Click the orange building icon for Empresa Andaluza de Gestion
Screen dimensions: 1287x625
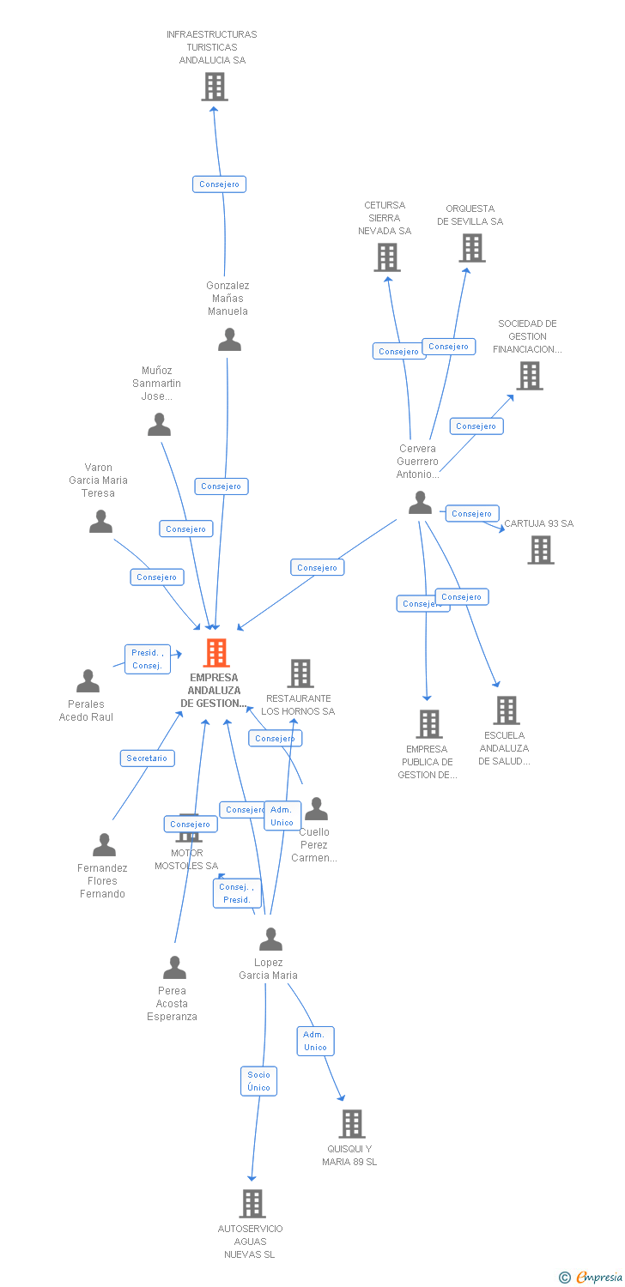tap(215, 653)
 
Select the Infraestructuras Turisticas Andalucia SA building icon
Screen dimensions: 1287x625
tap(215, 87)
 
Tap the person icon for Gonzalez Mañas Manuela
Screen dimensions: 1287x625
tap(229, 340)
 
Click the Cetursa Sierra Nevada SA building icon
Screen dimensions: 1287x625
tap(387, 257)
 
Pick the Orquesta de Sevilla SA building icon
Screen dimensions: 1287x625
tap(471, 248)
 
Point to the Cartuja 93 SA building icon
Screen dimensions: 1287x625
tap(541, 550)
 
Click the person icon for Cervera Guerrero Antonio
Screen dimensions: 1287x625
tap(420, 503)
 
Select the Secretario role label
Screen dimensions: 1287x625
tap(148, 758)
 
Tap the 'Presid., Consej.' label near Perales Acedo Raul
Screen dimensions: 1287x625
tap(148, 659)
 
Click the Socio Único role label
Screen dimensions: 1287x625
tap(258, 1081)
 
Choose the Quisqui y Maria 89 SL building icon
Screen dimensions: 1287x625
tap(352, 1123)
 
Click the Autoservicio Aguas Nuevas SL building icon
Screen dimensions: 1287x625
tap(252, 1203)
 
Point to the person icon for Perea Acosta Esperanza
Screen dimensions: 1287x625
tap(174, 968)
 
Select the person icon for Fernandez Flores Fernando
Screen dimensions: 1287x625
tap(104, 845)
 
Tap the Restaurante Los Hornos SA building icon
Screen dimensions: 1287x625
tap(300, 674)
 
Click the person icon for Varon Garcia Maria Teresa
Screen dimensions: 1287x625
tap(101, 522)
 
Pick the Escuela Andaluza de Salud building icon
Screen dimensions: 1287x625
tap(507, 710)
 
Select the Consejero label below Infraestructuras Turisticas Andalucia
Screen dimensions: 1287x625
tap(220, 184)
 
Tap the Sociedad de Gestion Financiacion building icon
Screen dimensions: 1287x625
tap(530, 375)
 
